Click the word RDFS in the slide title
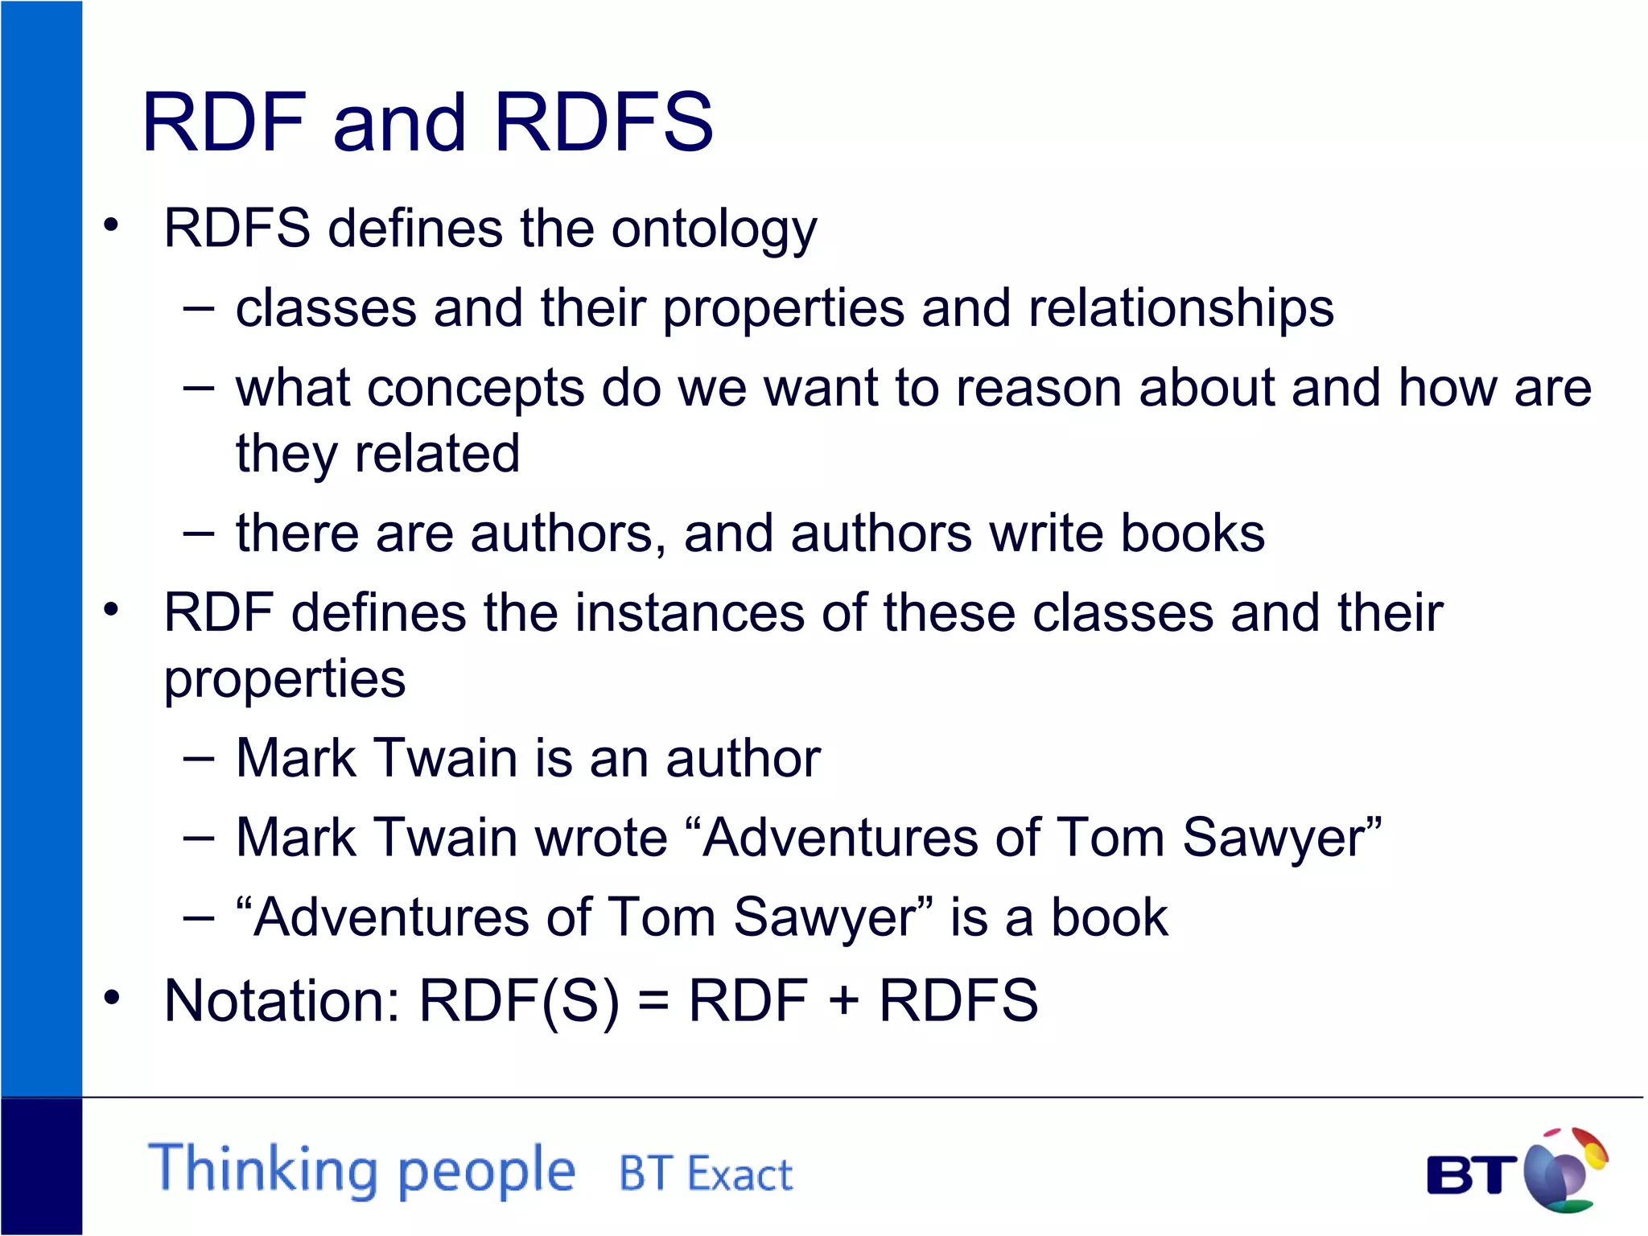pos(604,122)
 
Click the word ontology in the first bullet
pos(714,229)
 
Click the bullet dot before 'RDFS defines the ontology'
pos(111,226)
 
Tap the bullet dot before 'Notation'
pos(111,998)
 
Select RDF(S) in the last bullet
pos(519,1001)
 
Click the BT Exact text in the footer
pos(706,1173)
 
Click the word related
pos(437,454)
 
